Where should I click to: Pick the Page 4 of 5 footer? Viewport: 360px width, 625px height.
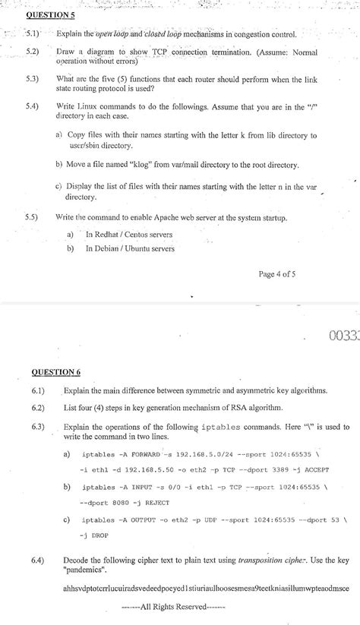tap(279, 274)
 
